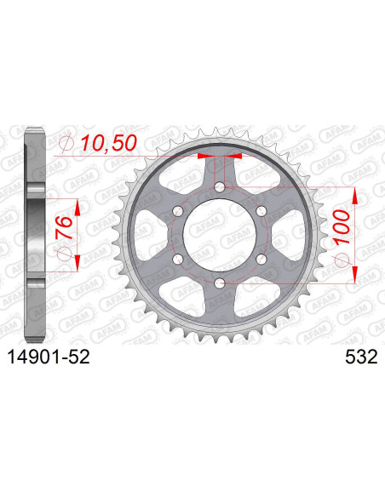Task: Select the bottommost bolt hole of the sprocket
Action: [x=220, y=282]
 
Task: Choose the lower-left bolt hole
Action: [x=179, y=259]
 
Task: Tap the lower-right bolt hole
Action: [x=261, y=259]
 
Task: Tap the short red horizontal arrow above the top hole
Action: [x=220, y=157]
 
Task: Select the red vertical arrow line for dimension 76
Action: [x=78, y=234]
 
